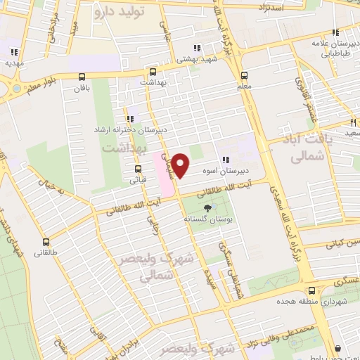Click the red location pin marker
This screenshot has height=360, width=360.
point(181,167)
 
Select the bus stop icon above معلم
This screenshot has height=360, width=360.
point(244,75)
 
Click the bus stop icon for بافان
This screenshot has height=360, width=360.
point(83,77)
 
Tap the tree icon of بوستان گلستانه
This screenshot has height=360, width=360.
point(207,208)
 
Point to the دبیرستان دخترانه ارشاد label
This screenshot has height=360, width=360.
point(131,130)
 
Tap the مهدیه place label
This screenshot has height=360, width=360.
point(13,63)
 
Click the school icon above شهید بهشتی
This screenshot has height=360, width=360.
point(196,49)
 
